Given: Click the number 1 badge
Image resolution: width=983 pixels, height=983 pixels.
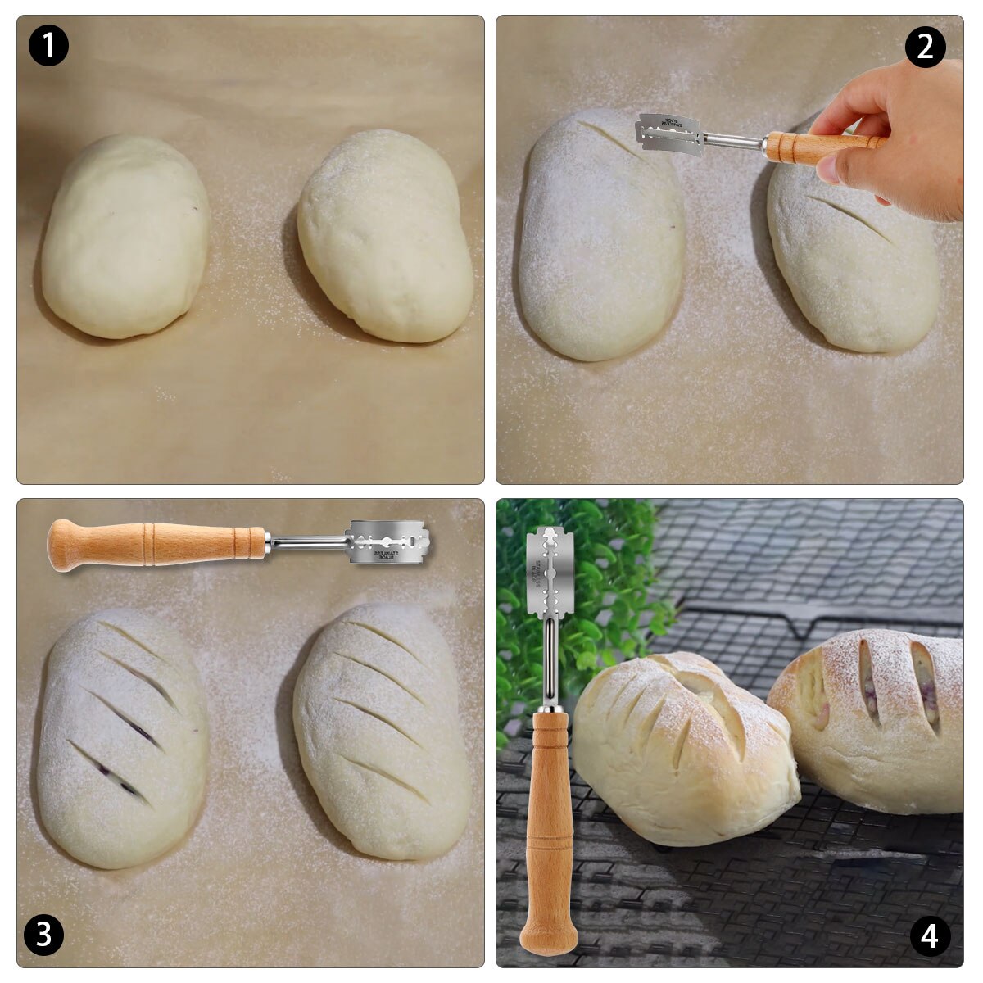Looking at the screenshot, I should tap(48, 46).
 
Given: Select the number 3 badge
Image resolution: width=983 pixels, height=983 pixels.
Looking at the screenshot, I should tap(44, 934).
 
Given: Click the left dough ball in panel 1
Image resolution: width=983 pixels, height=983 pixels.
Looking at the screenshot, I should tap(125, 237).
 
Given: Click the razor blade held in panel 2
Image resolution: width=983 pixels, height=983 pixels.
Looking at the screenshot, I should tap(670, 134).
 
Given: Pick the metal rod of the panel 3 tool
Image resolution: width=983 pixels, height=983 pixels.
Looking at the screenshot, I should tap(307, 541).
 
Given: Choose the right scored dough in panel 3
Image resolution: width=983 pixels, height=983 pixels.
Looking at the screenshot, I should tap(381, 729).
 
